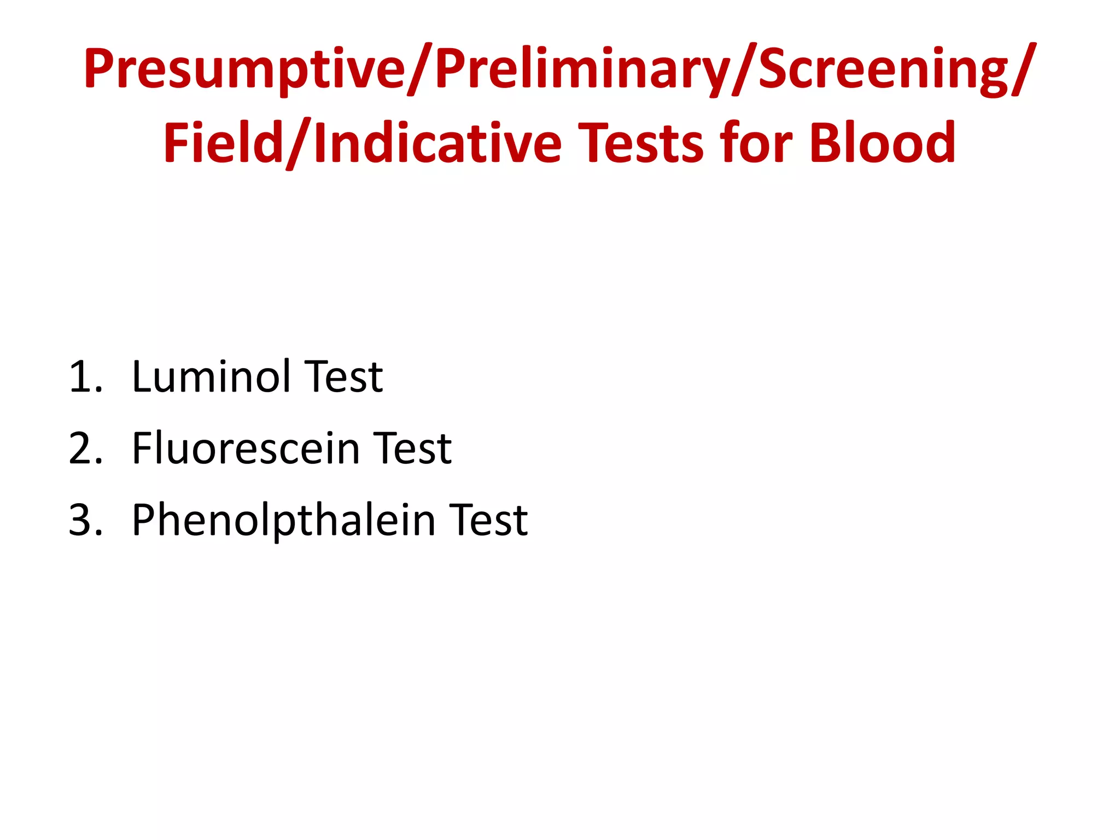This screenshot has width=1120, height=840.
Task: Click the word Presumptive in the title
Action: tap(244, 69)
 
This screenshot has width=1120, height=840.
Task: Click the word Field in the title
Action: tap(222, 143)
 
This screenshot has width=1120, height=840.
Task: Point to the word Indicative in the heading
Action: tap(437, 143)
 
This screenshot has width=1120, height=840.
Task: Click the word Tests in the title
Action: tap(640, 143)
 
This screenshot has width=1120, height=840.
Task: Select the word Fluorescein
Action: tap(246, 448)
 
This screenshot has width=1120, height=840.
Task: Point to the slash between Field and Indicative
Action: tap(299, 143)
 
